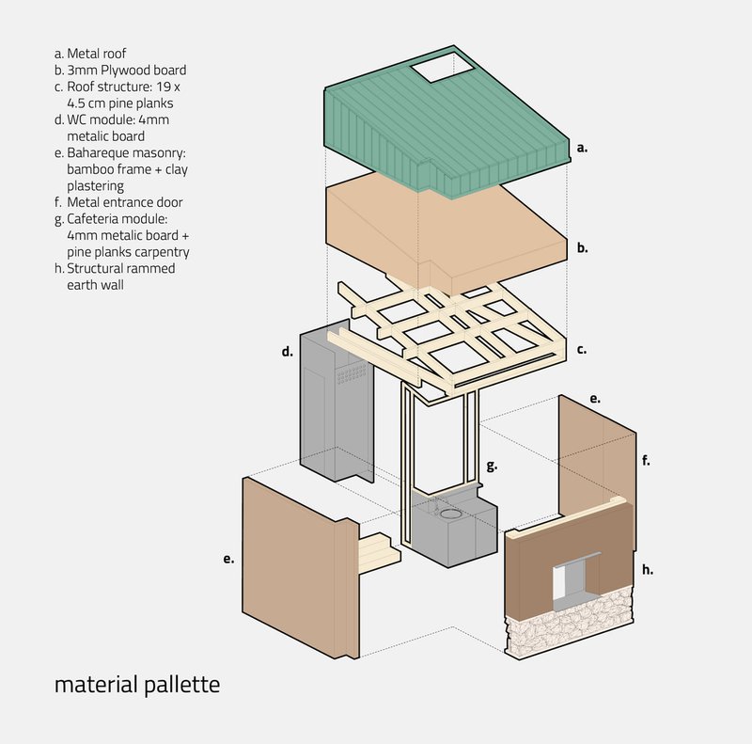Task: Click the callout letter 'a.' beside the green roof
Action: (x=582, y=148)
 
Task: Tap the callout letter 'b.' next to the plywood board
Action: (x=582, y=248)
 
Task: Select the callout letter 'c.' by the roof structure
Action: (x=582, y=350)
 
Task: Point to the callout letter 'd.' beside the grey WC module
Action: (x=288, y=352)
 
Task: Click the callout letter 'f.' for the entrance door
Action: (x=646, y=460)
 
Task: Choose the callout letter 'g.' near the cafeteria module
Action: (x=492, y=466)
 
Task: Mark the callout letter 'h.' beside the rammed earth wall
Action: (x=648, y=570)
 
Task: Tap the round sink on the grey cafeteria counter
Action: (x=450, y=514)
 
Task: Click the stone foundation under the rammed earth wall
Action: (x=570, y=623)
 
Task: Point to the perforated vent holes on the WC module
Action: (x=352, y=373)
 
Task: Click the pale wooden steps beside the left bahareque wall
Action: (x=379, y=551)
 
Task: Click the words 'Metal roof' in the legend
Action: (x=97, y=54)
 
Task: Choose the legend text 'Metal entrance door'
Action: (x=125, y=202)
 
